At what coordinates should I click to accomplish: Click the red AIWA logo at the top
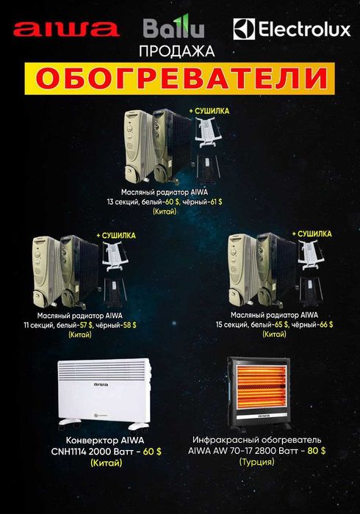(x=66, y=29)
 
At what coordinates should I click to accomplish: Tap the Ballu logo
(x=173, y=29)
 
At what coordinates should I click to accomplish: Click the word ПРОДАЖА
(x=180, y=52)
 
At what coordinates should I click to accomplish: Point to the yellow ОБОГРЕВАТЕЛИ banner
(x=180, y=77)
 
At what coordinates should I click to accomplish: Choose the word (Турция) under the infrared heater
(x=257, y=463)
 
